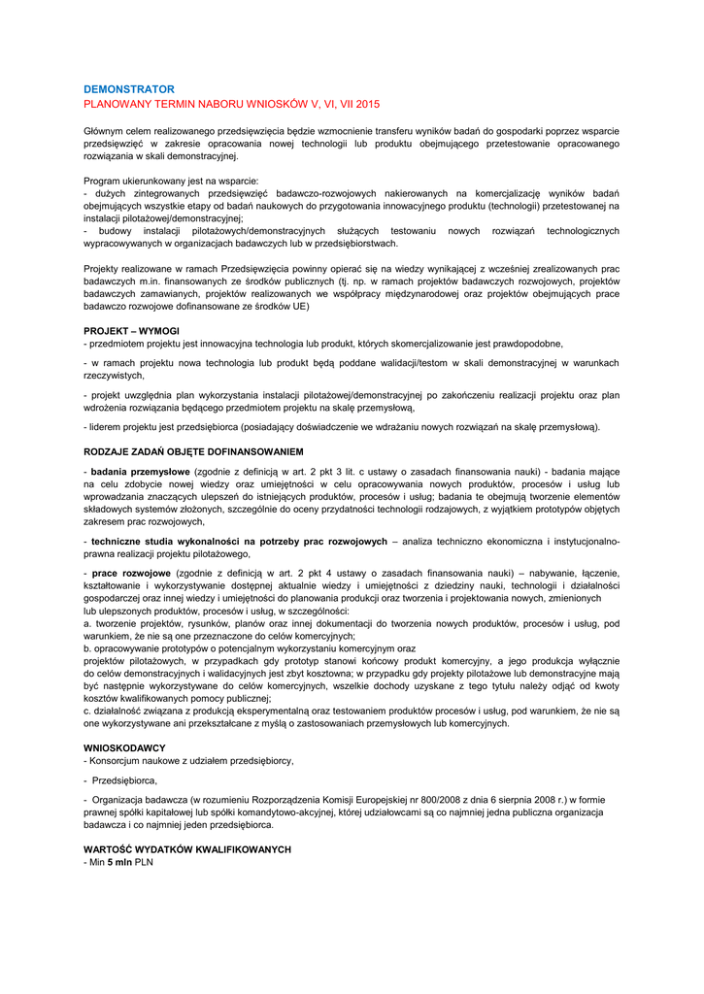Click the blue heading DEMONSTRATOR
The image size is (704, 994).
tap(129, 88)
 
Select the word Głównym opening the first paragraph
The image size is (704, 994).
tap(105, 130)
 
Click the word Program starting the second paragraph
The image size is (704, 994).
tap(103, 181)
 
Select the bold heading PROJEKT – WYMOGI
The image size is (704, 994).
tap(131, 331)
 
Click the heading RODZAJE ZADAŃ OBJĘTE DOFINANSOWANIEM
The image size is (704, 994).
tap(193, 451)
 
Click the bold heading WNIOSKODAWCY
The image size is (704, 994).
tap(124, 747)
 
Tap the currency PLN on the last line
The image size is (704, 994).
tap(144, 862)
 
